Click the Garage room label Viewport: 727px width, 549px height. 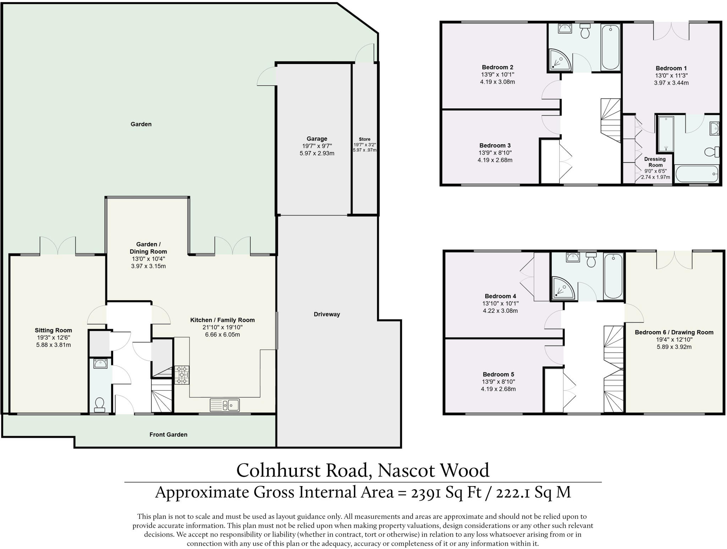coord(317,139)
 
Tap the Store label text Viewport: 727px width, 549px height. coord(365,139)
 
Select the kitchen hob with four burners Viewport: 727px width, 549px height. coord(182,375)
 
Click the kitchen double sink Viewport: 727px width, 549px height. coord(225,405)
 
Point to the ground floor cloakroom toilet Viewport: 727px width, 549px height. coord(100,404)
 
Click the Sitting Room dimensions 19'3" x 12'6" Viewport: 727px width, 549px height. coord(53,338)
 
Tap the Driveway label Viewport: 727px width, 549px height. coord(327,314)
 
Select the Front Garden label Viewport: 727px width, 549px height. coord(168,435)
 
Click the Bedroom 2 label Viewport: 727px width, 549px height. coord(497,67)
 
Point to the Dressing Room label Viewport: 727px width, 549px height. coord(655,162)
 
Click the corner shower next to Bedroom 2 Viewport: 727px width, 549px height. coord(560,59)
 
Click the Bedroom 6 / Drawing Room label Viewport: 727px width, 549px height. coord(674,332)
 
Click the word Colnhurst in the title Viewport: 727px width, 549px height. coord(279,470)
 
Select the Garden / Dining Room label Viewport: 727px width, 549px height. coord(148,248)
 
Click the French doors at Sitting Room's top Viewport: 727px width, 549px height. coord(58,246)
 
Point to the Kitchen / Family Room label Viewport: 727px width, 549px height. coord(222,320)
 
